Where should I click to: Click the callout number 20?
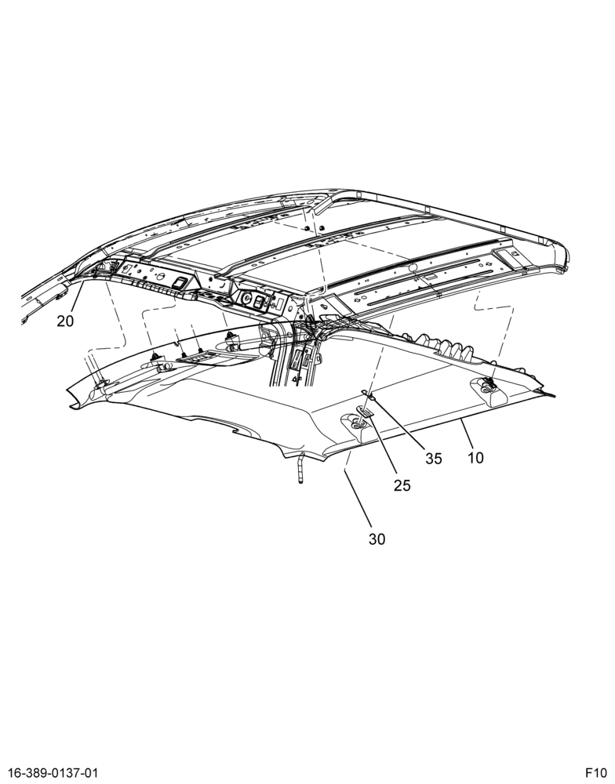(65, 321)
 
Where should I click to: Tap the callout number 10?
(476, 457)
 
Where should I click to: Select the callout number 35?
(434, 459)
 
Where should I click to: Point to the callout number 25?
(402, 485)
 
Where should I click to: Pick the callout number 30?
(377, 539)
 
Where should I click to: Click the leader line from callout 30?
(358, 499)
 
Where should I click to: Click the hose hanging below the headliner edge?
(300, 467)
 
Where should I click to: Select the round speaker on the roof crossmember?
(246, 299)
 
